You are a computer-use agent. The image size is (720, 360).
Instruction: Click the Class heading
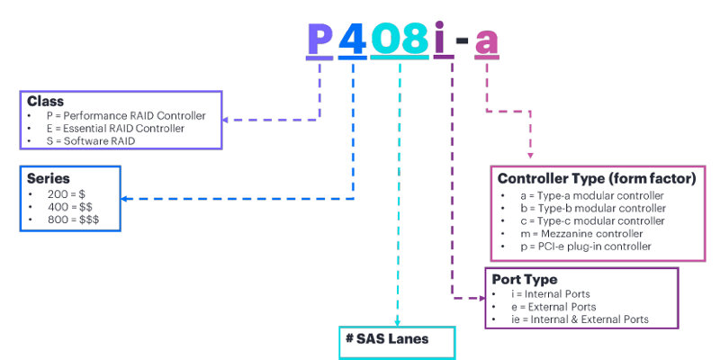(45, 102)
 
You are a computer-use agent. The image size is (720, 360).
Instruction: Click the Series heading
(49, 178)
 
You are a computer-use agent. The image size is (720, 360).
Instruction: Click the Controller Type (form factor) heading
(597, 178)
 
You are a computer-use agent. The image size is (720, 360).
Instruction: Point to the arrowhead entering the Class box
(228, 119)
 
